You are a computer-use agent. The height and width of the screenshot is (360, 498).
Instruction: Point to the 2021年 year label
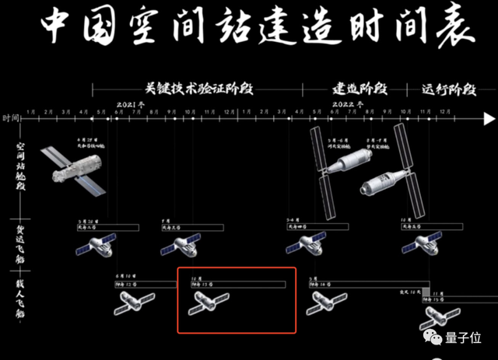pos(132,103)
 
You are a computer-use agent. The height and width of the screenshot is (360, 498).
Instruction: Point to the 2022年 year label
pos(342,103)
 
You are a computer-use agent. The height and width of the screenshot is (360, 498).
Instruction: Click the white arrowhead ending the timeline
pos(488,119)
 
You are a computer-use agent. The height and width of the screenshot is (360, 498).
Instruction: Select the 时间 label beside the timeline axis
pos(11,118)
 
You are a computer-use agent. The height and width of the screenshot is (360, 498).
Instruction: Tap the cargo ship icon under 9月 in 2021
pos(178,247)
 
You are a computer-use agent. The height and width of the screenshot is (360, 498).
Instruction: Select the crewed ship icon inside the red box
pos(208,304)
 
